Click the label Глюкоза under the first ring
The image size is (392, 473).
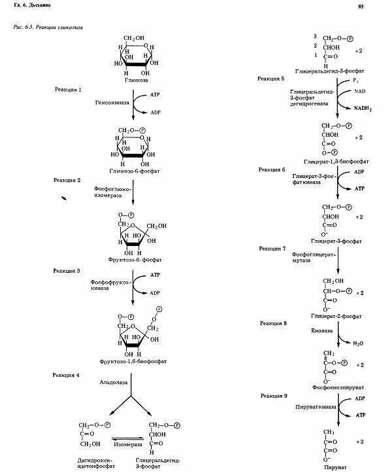point(133,80)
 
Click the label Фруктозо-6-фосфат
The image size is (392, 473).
point(135,260)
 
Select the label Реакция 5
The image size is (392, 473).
point(272,79)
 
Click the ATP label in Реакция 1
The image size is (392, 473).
point(155,94)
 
